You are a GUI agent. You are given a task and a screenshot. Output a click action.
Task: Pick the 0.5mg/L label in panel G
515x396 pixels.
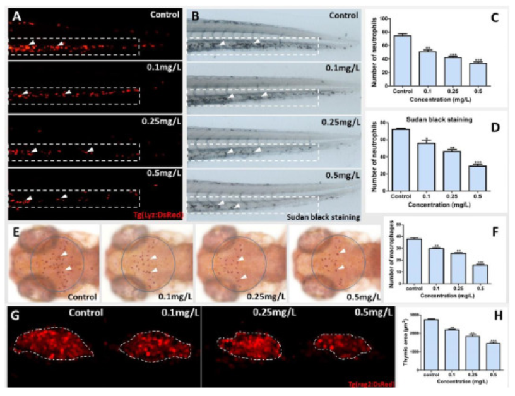pyautogui.click(x=358, y=312)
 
